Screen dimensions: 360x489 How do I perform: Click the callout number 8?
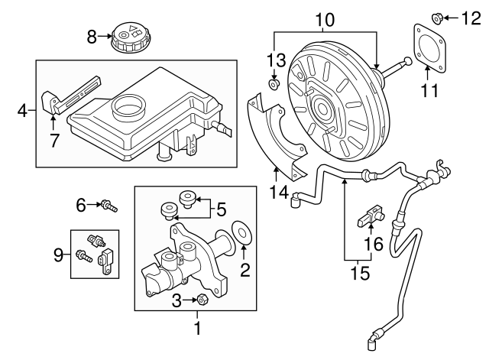point(92,35)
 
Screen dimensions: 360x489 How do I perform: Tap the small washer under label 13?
point(274,85)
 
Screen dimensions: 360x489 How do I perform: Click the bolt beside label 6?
point(111,204)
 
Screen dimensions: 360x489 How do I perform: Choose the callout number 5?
point(222,206)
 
